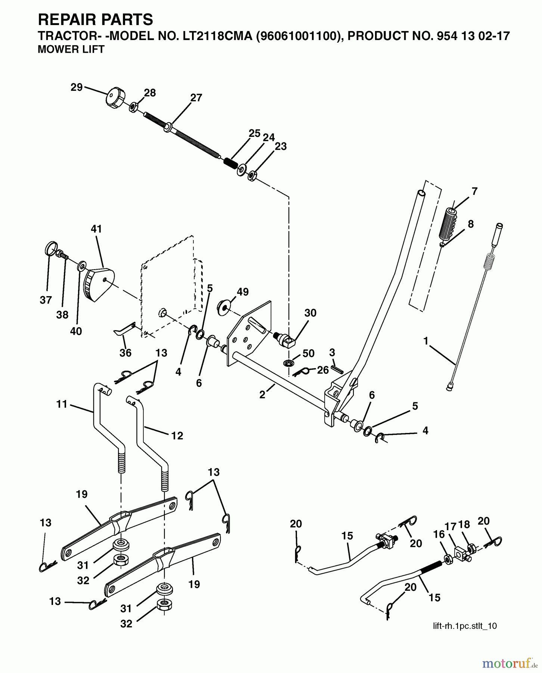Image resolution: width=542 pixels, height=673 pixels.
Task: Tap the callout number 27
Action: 196,98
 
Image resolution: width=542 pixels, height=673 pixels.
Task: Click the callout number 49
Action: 243,292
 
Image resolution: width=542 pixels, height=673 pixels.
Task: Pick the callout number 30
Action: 310,313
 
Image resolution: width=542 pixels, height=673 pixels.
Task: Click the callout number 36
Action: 126,353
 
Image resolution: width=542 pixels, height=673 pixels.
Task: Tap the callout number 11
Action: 62,404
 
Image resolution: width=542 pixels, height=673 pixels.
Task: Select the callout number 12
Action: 177,436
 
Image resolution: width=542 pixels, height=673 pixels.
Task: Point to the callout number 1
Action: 425,341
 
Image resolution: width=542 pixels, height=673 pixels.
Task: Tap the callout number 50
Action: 309,353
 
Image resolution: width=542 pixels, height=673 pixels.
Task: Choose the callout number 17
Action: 450,526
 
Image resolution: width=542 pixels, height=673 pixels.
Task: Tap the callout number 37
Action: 46,300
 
